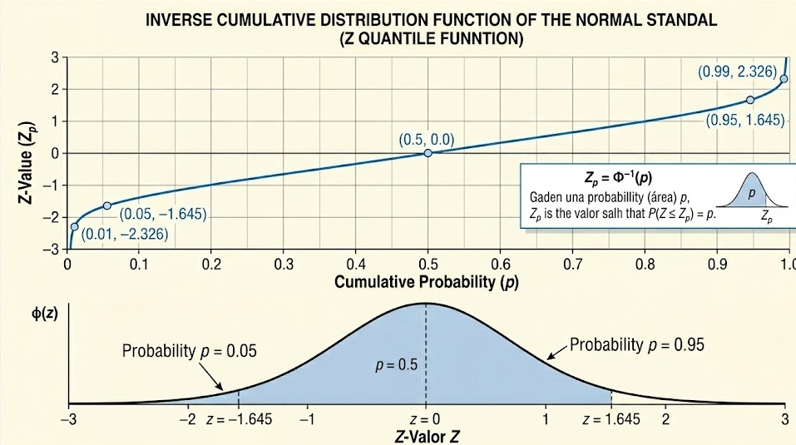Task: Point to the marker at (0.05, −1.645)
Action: point(106,205)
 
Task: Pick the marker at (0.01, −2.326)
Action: point(75,226)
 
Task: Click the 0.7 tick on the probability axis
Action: point(571,265)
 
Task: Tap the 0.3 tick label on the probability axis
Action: point(283,265)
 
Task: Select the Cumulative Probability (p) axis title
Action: point(426,282)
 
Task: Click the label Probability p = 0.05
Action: point(190,350)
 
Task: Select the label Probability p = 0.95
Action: point(637,344)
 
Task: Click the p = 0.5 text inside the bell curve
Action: point(395,365)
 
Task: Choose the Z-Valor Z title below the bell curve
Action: point(426,434)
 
